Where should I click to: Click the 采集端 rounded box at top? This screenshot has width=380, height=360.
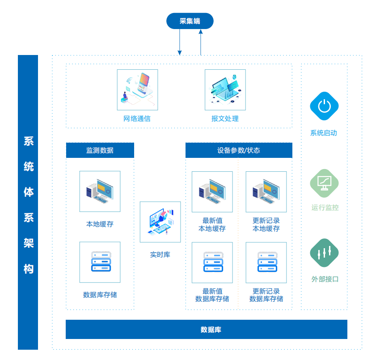point(190,21)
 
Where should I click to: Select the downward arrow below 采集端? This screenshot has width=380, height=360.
point(180,43)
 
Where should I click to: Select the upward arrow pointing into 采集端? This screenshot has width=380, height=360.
point(201,42)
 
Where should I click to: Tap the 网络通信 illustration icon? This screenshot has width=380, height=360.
point(137,89)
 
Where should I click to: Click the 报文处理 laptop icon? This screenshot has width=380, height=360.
point(225,89)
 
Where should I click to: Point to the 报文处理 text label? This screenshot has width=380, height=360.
point(225,119)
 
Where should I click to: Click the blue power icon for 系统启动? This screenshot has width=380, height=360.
point(324,106)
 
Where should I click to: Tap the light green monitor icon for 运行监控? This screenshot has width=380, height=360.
point(324,183)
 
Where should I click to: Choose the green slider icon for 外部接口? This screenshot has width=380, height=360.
point(324,253)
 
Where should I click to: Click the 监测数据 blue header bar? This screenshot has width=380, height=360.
point(100,150)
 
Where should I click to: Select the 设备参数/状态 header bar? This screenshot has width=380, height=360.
point(239,150)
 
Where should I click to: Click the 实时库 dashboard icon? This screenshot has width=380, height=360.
point(160,222)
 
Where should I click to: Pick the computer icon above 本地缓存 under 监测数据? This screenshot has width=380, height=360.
point(100,191)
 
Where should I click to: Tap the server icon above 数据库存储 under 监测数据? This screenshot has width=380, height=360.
point(100,262)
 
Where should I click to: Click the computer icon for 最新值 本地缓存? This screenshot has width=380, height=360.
point(212,191)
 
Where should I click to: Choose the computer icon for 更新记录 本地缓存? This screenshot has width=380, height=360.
point(266,191)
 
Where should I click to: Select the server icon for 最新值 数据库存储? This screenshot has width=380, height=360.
point(212,262)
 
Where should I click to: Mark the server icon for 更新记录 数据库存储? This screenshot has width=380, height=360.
point(266,262)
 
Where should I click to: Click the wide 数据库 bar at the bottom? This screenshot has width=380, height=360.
point(206,330)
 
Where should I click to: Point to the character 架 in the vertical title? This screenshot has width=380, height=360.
point(28,243)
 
